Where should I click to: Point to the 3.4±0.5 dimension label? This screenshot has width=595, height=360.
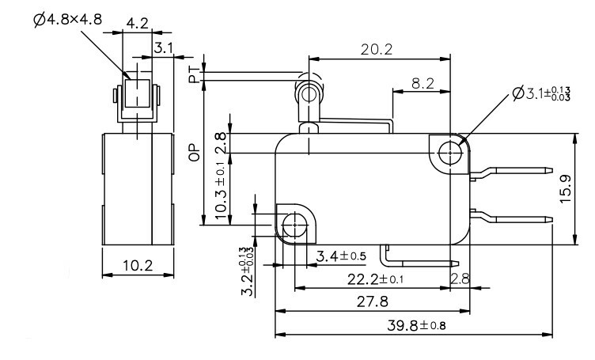(x=341, y=256)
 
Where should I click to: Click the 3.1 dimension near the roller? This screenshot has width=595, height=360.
(x=164, y=48)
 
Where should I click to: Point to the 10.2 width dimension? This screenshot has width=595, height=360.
(x=138, y=266)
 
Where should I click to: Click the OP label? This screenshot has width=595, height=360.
(x=193, y=153)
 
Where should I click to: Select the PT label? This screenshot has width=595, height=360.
(x=193, y=75)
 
